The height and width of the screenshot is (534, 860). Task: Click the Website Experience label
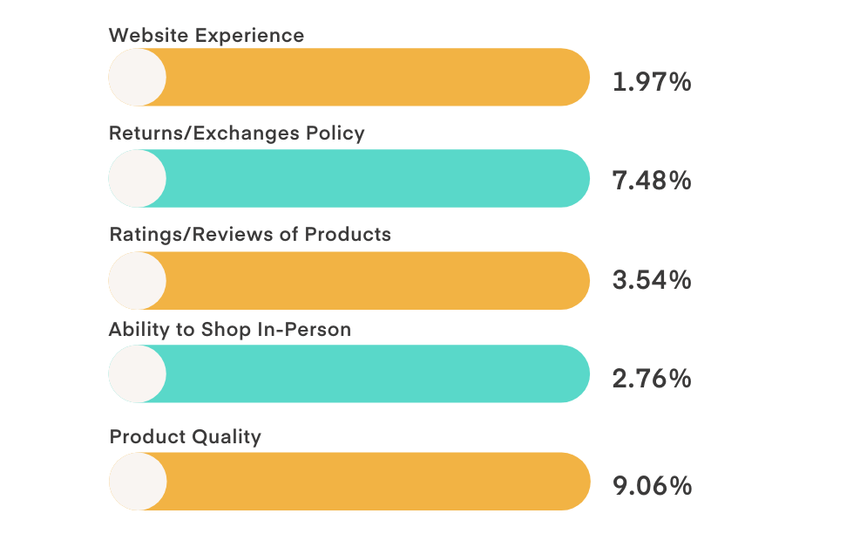207,36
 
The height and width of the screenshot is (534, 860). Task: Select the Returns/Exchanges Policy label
236,133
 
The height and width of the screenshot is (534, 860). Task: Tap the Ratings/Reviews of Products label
250,235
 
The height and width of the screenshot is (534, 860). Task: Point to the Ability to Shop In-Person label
230,330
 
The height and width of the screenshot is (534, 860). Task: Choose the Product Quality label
185,436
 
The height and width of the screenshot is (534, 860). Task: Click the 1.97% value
652,83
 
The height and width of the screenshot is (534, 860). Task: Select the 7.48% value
652,181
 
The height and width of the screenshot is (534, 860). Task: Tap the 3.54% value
652,280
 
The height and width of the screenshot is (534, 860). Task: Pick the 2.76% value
652,379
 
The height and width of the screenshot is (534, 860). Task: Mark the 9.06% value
652,485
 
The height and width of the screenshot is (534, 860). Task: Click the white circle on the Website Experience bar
137,77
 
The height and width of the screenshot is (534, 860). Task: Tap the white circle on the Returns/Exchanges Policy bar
137,178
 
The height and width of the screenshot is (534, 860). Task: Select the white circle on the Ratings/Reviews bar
137,280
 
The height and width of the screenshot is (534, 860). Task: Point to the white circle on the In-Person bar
137,373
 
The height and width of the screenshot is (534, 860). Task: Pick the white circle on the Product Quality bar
137,481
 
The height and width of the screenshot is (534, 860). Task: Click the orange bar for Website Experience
375,77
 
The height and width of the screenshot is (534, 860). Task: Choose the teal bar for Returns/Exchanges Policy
375,178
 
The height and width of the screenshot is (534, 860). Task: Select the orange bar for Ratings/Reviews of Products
375,280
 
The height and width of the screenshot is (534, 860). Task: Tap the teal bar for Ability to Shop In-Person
375,373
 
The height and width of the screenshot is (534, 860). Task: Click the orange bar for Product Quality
375,481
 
